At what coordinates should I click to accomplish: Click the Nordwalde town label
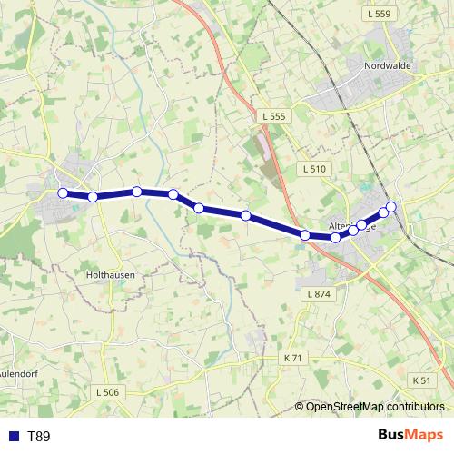click(388, 66)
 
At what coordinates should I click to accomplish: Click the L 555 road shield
click(271, 116)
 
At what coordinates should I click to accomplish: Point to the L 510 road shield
click(313, 169)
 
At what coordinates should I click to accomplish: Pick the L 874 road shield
click(321, 294)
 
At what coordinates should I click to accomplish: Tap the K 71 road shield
click(292, 358)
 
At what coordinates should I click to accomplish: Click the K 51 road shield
click(420, 380)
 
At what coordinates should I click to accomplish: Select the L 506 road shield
click(106, 391)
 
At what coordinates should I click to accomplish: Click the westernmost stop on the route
click(63, 192)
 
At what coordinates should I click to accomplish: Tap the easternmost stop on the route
click(392, 206)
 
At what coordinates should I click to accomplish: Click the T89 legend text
click(39, 437)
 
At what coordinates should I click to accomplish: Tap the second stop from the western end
click(93, 197)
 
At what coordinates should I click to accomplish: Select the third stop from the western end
click(136, 192)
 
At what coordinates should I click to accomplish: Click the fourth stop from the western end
click(173, 193)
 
